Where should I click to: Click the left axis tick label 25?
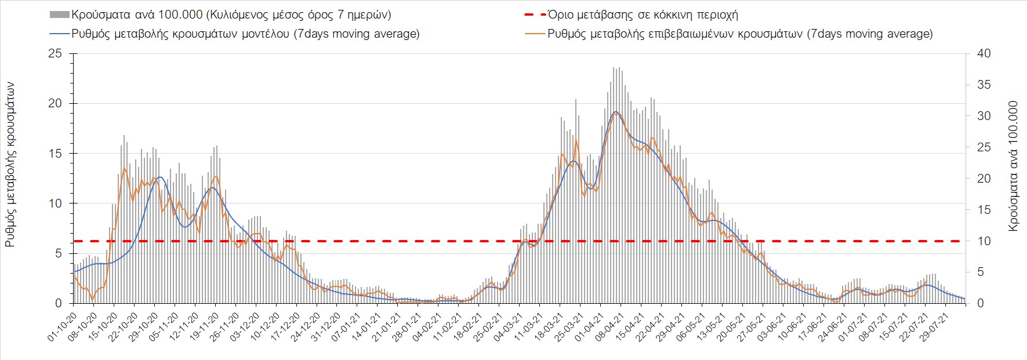[55, 53]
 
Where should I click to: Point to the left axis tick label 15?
[55, 154]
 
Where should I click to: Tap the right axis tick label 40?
[984, 53]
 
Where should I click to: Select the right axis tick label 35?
[984, 85]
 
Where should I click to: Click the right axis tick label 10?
[984, 241]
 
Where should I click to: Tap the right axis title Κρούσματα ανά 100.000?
[1013, 166]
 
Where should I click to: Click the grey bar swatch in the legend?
[60, 14]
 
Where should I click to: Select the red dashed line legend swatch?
[535, 14]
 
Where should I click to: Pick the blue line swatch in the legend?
[60, 34]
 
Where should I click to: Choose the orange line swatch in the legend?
[535, 34]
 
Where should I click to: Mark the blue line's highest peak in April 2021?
[615, 112]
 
